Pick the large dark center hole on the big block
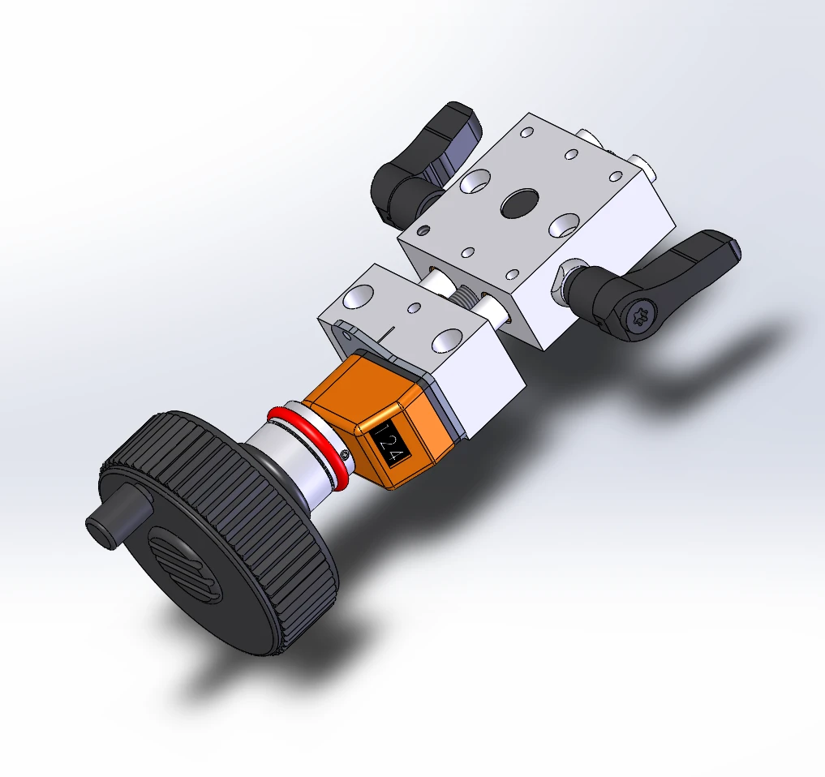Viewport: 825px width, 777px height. click(x=520, y=203)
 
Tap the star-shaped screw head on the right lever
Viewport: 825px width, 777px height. click(x=639, y=316)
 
